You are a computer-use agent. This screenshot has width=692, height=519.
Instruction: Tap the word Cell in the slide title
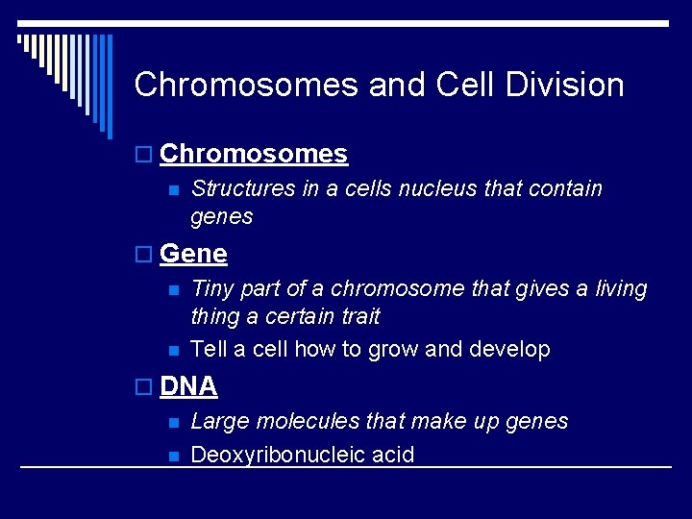pos(465,85)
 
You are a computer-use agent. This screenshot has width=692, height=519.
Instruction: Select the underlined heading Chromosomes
pos(254,154)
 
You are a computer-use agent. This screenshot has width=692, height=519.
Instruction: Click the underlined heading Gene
pos(193,254)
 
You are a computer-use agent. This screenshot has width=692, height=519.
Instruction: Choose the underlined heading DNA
pos(188,386)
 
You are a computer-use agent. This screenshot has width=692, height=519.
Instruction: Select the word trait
pos(359,316)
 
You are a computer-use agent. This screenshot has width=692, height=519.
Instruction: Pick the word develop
pos(509,349)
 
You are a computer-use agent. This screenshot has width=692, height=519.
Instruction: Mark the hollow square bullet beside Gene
pos(144,255)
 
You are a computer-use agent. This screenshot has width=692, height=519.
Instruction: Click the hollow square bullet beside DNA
pos(144,387)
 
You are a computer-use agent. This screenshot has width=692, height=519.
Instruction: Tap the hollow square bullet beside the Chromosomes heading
pos(144,155)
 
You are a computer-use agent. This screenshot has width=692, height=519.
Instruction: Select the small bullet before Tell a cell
pos(173,350)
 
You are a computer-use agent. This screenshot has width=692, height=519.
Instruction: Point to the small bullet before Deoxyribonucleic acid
pos(173,456)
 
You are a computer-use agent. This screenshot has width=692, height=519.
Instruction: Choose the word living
pos(615,288)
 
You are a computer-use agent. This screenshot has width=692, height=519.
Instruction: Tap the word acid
pos(395,455)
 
